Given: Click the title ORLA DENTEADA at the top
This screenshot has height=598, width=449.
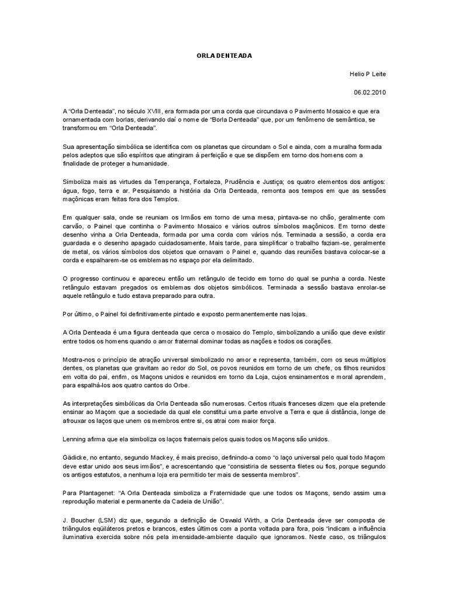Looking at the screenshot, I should [224, 55].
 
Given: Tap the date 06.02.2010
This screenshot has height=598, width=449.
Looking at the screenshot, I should [370, 92].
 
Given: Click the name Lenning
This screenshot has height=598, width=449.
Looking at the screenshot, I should [74, 439].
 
